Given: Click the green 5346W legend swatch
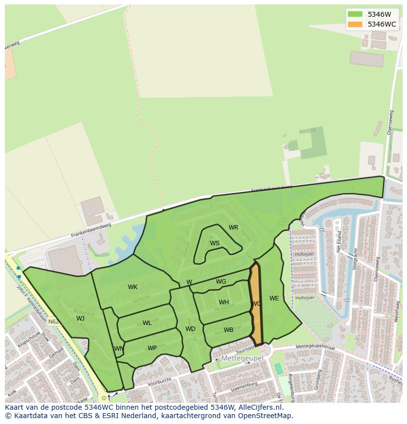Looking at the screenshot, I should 354,14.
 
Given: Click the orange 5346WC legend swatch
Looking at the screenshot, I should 354,24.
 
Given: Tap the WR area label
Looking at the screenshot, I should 233,228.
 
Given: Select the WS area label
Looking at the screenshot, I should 215,243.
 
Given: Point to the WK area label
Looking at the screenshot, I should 133,287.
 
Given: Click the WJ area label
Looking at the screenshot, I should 80,318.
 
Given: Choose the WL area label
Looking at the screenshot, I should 147,323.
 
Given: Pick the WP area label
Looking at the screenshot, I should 152,348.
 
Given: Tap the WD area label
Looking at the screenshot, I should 190,329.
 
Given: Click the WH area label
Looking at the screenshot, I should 224,302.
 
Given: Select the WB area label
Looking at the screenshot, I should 229,330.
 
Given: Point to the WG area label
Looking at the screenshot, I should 221,282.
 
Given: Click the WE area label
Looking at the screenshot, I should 274,298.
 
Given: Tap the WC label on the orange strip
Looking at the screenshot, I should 256,304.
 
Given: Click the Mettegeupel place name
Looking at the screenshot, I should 242,358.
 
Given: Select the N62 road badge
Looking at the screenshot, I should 54,322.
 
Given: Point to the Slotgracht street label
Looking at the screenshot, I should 354,259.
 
